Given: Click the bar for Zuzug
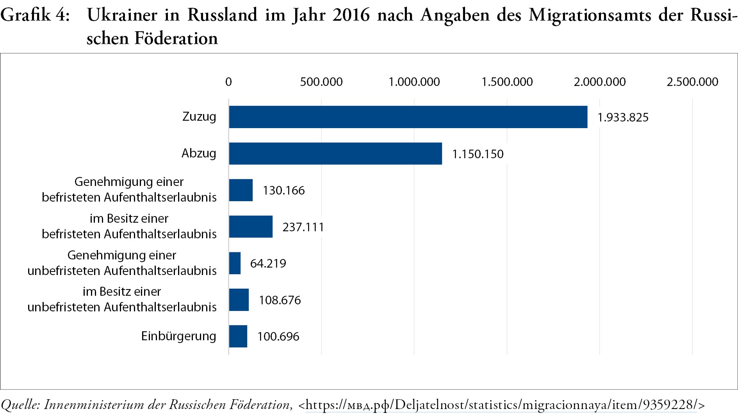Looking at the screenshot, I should (408, 117).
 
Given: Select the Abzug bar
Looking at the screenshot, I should (335, 154).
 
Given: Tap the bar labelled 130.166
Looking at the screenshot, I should (241, 190).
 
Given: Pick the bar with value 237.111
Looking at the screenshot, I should (251, 227).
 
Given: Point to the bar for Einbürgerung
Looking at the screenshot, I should (238, 336).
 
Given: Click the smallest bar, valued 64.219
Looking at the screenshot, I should (235, 263).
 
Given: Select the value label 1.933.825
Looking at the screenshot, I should (623, 117).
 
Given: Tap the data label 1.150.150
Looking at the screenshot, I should (478, 154).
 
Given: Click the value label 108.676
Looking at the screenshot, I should (280, 300).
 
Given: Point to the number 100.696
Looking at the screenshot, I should (278, 336).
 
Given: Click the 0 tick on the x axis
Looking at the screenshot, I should (228, 82).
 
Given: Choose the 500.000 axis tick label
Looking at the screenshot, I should (321, 82).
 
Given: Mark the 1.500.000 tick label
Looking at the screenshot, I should (507, 82).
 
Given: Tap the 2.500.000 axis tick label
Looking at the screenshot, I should (692, 82).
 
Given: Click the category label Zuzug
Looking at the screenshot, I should (199, 116).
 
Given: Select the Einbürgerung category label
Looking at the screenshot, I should (178, 336).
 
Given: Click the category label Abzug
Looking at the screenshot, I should (198, 153).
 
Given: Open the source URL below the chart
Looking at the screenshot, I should (501, 405).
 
